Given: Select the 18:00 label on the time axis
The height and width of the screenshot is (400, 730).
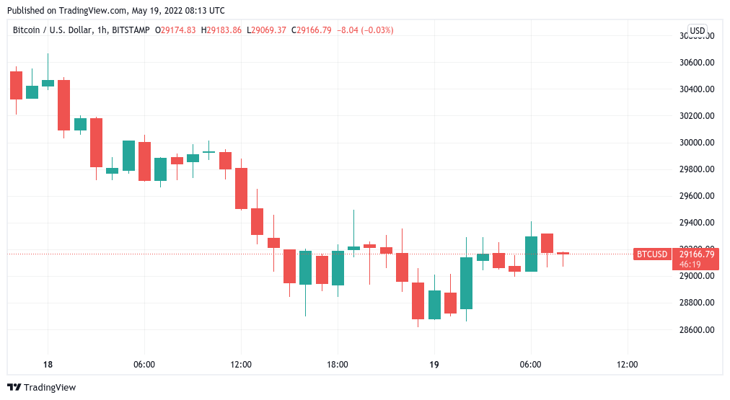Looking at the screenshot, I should (x=338, y=365).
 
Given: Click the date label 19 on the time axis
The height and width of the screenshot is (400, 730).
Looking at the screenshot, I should (x=434, y=365).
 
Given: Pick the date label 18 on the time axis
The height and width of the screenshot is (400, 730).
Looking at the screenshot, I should (x=48, y=365).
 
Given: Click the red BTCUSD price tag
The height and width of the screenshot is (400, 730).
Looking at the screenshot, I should (x=651, y=254).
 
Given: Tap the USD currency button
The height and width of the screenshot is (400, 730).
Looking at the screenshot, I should (x=697, y=30).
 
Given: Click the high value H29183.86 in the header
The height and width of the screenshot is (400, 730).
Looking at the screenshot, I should (x=221, y=30).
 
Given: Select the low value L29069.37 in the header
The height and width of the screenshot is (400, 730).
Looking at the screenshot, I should (x=267, y=30).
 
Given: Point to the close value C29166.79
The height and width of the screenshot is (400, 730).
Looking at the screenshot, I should (x=312, y=30).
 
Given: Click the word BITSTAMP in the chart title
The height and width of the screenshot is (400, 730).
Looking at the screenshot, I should (x=130, y=30).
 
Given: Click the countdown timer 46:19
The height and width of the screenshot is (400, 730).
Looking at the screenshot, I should (x=687, y=265).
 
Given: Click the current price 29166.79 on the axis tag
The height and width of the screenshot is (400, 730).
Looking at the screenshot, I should (x=696, y=254).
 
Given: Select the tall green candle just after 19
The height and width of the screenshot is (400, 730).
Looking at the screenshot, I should (x=466, y=283).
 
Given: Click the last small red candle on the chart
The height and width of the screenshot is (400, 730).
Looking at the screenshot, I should (x=563, y=253).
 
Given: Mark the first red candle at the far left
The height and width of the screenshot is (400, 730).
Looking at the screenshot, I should (x=16, y=85).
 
